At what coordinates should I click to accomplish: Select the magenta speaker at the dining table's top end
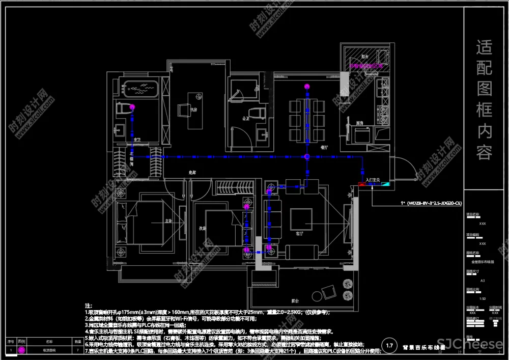(306, 87)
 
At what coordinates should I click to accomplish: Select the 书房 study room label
(193, 109)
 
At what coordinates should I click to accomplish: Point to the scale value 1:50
(482, 298)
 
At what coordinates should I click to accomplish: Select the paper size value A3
(482, 280)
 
